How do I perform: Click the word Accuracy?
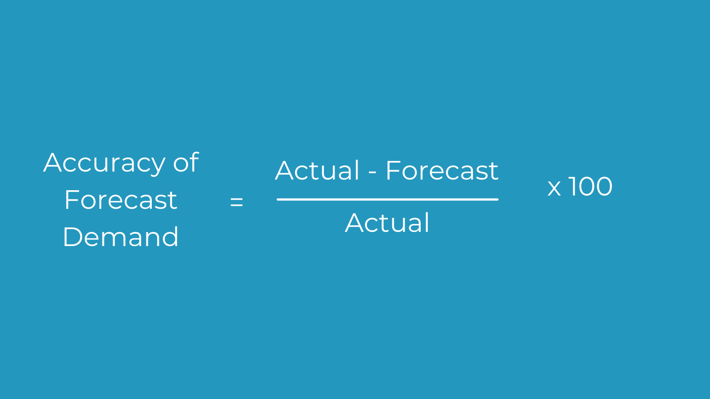coord(104,164)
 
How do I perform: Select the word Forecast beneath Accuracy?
coord(121,200)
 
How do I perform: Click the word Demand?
coord(121,237)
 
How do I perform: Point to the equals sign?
coord(237,202)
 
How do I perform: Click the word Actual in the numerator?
coord(317,170)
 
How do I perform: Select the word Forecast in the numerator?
coord(442,170)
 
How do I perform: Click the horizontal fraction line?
coord(388,199)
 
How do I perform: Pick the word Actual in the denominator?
coord(387,223)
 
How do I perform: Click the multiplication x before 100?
coord(554,188)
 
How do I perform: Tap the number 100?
coord(590,186)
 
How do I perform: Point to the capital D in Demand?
coord(73,237)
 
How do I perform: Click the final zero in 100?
coord(603,186)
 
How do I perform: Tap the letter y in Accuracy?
coord(158,167)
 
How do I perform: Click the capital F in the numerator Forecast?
coord(392,170)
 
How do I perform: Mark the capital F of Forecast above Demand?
coord(71,200)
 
